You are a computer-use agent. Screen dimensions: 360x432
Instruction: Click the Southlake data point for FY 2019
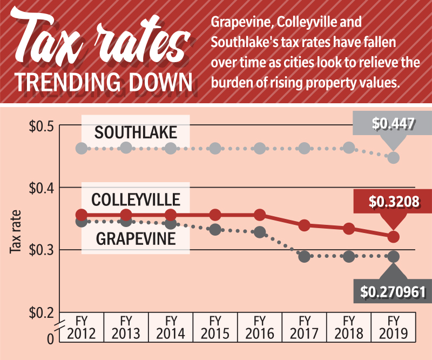(x=394, y=157)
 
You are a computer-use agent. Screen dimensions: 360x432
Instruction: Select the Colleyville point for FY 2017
(x=304, y=225)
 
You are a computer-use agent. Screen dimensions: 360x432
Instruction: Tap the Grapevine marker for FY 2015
(x=215, y=230)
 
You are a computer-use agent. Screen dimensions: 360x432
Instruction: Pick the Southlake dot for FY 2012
(x=81, y=148)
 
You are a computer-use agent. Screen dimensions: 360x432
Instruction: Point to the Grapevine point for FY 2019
(x=394, y=256)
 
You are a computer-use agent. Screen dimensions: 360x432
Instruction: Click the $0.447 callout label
(x=393, y=124)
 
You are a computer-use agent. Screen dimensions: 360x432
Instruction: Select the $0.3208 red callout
(x=393, y=202)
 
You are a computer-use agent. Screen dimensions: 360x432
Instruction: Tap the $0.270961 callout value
(x=394, y=292)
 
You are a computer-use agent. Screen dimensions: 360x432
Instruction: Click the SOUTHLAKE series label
(x=135, y=132)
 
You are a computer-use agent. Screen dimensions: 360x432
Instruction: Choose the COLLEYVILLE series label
(x=136, y=199)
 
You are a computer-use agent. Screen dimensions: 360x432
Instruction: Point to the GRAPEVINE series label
(x=136, y=238)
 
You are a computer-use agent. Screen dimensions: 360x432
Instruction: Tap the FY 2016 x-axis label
(x=260, y=326)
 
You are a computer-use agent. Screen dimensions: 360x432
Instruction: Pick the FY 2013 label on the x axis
(x=125, y=326)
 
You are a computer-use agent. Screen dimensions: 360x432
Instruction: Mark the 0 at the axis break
(x=51, y=339)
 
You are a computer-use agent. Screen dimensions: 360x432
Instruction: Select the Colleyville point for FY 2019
(x=394, y=237)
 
